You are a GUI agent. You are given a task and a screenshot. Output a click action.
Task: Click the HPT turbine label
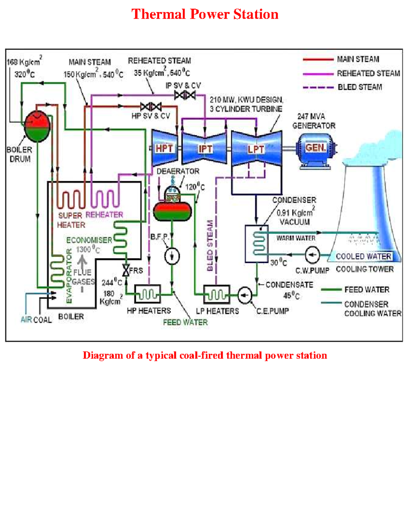(164, 148)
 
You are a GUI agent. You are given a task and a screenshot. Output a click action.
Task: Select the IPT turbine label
(205, 149)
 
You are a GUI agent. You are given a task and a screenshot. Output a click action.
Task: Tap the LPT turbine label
(256, 149)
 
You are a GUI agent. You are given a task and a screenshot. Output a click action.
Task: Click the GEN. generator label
(316, 148)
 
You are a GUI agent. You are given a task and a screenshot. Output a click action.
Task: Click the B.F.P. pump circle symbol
(172, 256)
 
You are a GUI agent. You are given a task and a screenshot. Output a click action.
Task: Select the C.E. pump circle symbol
(244, 295)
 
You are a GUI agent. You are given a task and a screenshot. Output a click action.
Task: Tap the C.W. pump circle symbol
(312, 255)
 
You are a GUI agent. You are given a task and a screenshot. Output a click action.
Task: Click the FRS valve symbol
(126, 270)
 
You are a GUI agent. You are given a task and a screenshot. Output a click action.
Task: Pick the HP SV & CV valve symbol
(151, 107)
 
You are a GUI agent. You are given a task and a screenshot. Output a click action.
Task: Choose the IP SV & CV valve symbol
(185, 95)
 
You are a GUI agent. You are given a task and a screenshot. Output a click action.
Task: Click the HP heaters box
(148, 294)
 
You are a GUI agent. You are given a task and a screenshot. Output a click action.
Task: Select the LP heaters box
(217, 294)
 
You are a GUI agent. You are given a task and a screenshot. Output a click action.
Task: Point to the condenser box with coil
(257, 243)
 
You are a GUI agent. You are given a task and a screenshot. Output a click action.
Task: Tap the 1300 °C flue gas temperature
(88, 250)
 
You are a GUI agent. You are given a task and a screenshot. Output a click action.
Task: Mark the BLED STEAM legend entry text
(360, 87)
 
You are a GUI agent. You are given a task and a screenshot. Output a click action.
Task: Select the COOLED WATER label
(363, 256)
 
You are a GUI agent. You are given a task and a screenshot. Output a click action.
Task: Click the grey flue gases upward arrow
(82, 261)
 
